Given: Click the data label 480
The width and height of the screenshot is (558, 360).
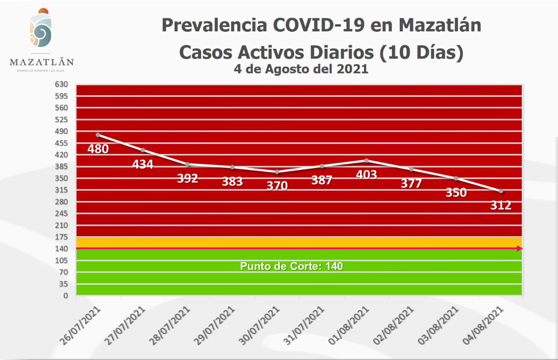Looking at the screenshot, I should [x=98, y=149].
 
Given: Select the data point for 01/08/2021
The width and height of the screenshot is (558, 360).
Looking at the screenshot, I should [x=367, y=160].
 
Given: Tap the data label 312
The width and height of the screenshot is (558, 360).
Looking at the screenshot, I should [x=500, y=205].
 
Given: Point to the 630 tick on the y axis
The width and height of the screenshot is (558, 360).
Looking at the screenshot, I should [x=61, y=84].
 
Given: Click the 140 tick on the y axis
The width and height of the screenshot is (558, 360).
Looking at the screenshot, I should [x=61, y=248].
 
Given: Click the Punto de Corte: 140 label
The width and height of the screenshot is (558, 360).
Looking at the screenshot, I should [x=291, y=266].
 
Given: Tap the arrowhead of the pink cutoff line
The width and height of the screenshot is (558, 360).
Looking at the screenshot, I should [x=520, y=248].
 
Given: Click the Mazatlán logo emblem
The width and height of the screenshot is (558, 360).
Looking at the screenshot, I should [x=41, y=28].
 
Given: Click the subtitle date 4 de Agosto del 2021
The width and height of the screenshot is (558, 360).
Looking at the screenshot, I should [x=301, y=69].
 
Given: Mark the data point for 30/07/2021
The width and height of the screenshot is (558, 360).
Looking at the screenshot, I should [x=277, y=172].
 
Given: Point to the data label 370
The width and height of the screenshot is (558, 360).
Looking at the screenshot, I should [x=277, y=186].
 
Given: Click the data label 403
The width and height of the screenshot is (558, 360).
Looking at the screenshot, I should [x=366, y=174].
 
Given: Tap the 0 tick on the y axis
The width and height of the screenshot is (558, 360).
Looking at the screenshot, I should [x=66, y=295].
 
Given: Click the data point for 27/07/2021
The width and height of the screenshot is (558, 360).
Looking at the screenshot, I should [x=143, y=150].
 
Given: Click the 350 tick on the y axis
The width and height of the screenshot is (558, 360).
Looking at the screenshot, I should [x=61, y=178].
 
